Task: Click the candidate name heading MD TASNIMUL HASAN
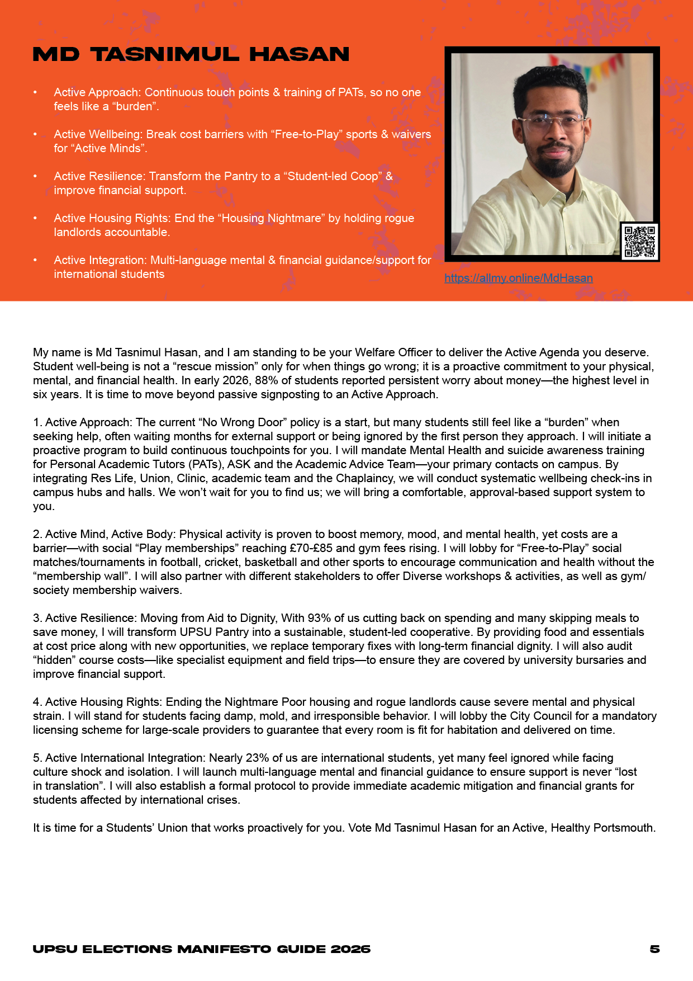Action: (x=191, y=54)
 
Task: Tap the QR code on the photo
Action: (x=639, y=242)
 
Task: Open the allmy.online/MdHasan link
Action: (x=519, y=278)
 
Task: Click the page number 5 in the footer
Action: (x=654, y=949)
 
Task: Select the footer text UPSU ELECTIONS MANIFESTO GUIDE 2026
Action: (x=202, y=949)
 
